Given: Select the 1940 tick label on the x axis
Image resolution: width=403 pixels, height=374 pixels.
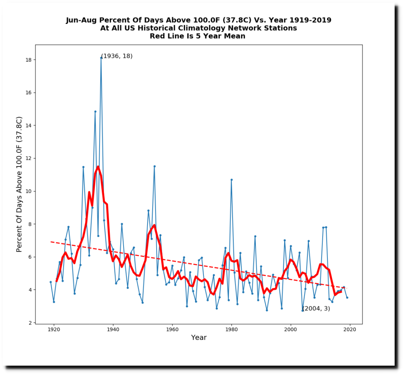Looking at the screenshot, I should (x=113, y=329).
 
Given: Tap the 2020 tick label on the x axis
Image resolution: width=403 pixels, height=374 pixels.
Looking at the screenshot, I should (x=350, y=329).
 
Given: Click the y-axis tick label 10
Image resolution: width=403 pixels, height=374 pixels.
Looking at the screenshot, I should (x=29, y=191).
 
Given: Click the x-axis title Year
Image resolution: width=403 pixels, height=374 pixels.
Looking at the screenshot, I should (x=199, y=337).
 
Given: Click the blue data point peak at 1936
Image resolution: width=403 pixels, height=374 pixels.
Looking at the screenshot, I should (x=101, y=58).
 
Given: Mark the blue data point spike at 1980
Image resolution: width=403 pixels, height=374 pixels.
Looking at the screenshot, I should (x=231, y=180).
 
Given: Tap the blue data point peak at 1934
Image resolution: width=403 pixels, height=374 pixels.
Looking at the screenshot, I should (x=95, y=112).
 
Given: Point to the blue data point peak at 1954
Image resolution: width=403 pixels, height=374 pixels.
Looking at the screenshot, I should (x=154, y=166).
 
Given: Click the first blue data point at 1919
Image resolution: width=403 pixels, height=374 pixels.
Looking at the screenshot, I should (x=51, y=282).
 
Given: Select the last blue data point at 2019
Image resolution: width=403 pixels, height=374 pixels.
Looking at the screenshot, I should (x=347, y=297).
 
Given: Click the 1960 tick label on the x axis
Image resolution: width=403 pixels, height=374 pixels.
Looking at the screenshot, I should (x=172, y=329).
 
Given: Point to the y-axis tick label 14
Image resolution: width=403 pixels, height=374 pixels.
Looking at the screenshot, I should (x=29, y=125).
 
